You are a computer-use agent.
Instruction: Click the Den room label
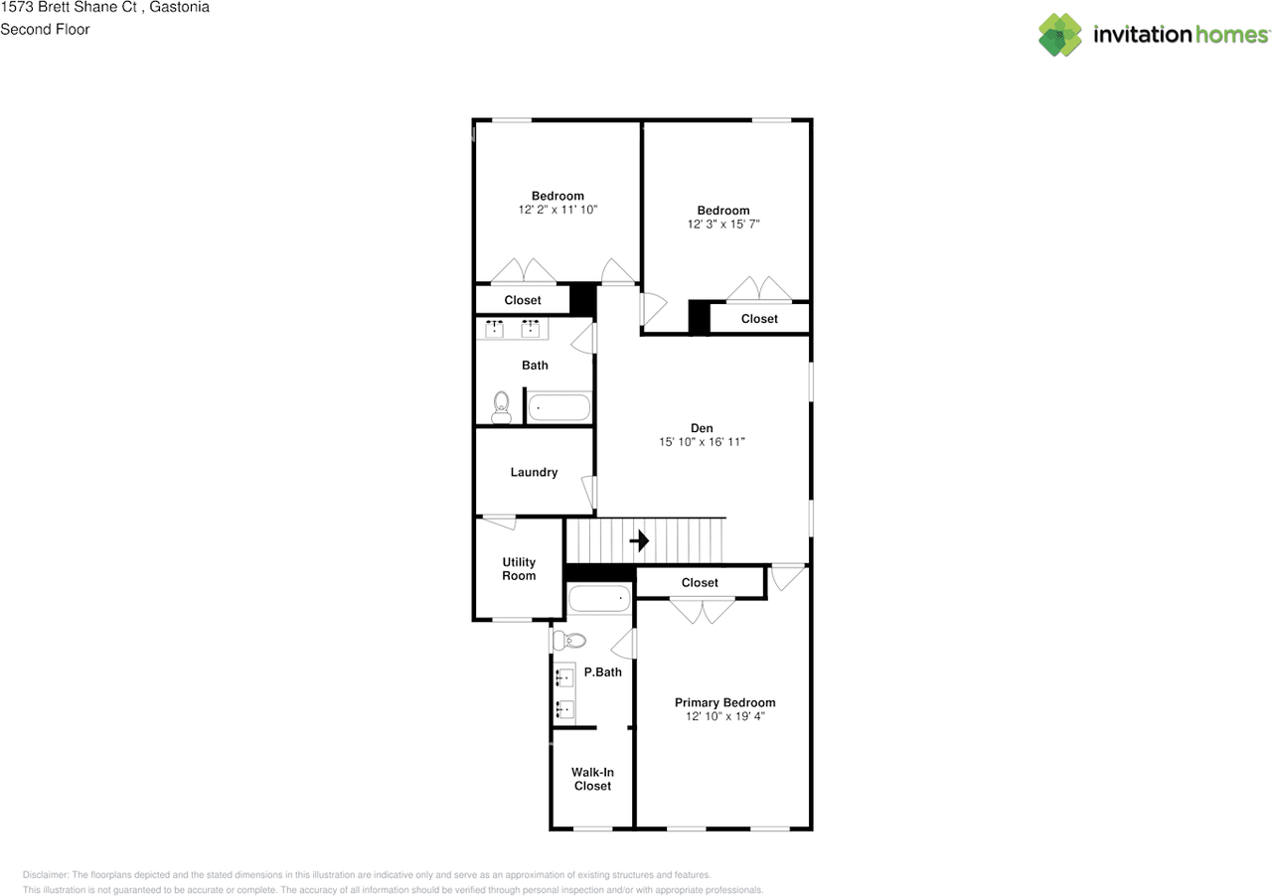[x=702, y=428]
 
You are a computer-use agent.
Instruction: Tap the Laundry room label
[x=534, y=472]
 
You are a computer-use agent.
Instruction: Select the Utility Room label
[x=519, y=569]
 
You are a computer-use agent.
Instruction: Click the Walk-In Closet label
[x=592, y=779]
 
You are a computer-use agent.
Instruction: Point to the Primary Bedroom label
[x=724, y=702]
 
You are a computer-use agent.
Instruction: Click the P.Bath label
[x=602, y=672]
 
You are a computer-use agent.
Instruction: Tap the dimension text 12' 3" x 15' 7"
[x=722, y=224]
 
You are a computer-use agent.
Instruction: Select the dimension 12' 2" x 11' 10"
[x=557, y=210]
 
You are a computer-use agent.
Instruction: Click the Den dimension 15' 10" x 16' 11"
[x=702, y=442]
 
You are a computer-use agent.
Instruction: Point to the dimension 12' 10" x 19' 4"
[x=724, y=716]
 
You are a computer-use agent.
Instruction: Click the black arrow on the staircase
[x=640, y=541]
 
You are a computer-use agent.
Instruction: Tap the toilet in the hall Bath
[x=501, y=405]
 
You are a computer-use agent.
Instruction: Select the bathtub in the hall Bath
[x=557, y=407]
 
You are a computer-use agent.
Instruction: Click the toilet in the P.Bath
[x=569, y=640]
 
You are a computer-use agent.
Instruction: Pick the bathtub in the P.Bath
[x=599, y=599]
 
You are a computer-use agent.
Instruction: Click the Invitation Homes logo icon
[x=1060, y=35]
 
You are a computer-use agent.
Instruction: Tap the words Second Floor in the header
[x=45, y=29]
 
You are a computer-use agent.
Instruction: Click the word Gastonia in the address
[x=179, y=7]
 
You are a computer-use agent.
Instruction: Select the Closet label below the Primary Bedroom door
[x=700, y=582]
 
